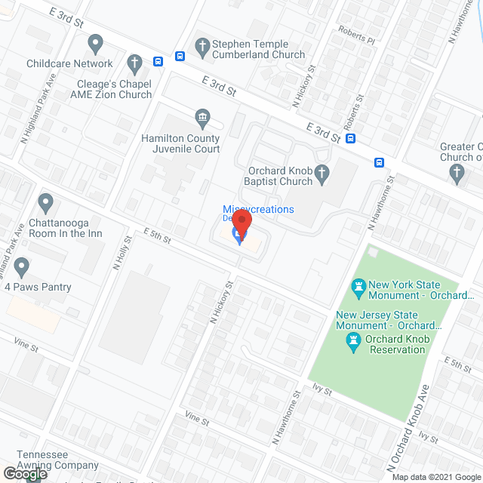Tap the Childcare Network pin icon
coord(95,44)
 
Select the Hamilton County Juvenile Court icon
coord(202,117)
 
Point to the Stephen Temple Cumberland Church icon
coord(202,45)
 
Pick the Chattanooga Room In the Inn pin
coord(45,202)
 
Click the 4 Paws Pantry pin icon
coord(21,266)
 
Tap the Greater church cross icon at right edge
coord(456,174)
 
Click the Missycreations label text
coord(258,209)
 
